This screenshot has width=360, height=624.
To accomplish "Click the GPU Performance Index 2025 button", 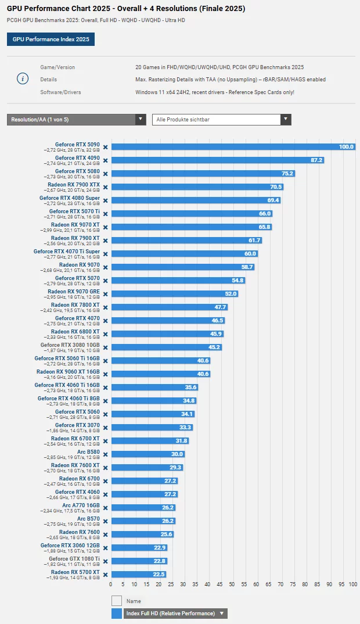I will [x=51, y=40].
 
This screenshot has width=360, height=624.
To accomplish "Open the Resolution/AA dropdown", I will [x=76, y=120].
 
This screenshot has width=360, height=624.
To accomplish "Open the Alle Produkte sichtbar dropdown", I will [x=221, y=120].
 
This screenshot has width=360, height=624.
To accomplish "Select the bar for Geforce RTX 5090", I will [x=233, y=146].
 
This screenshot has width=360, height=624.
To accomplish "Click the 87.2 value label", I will [x=316, y=160].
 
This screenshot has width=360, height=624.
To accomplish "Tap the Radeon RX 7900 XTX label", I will [x=74, y=185].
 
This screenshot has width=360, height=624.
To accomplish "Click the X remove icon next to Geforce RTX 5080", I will [x=106, y=173].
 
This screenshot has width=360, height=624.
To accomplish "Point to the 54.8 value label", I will [x=237, y=280].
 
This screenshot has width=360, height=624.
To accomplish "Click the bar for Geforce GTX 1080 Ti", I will [x=139, y=561].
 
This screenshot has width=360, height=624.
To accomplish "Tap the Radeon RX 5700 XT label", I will [x=75, y=572].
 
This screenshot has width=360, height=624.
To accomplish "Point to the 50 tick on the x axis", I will [x=232, y=583].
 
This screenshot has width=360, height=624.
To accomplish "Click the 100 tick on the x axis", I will [x=352, y=583].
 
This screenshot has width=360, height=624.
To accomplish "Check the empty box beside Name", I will [x=117, y=601].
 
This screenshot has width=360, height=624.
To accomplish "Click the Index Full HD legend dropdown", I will [x=175, y=614].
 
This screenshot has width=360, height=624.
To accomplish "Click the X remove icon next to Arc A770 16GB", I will [x=106, y=507].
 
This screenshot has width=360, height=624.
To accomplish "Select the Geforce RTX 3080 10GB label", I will [x=70, y=345].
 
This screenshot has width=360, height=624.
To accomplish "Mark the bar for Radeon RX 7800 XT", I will [x=169, y=307].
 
